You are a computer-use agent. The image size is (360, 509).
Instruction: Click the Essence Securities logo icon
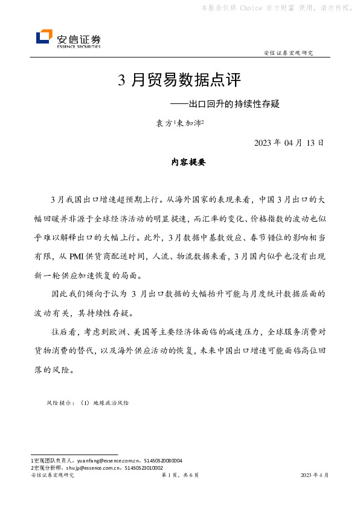tap(44, 37)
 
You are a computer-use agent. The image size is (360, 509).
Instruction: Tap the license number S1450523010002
tap(145, 467)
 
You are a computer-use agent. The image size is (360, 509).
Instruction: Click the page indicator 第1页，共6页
tap(180, 476)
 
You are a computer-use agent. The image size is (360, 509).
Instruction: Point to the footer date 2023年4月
tap(315, 476)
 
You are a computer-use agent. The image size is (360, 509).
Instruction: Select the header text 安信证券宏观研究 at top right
tap(289, 53)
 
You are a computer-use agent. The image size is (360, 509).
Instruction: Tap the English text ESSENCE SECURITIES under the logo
tap(79, 46)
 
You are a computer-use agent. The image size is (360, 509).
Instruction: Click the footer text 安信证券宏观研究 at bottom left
tap(52, 476)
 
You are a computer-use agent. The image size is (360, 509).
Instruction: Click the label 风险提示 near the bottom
tap(60, 402)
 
